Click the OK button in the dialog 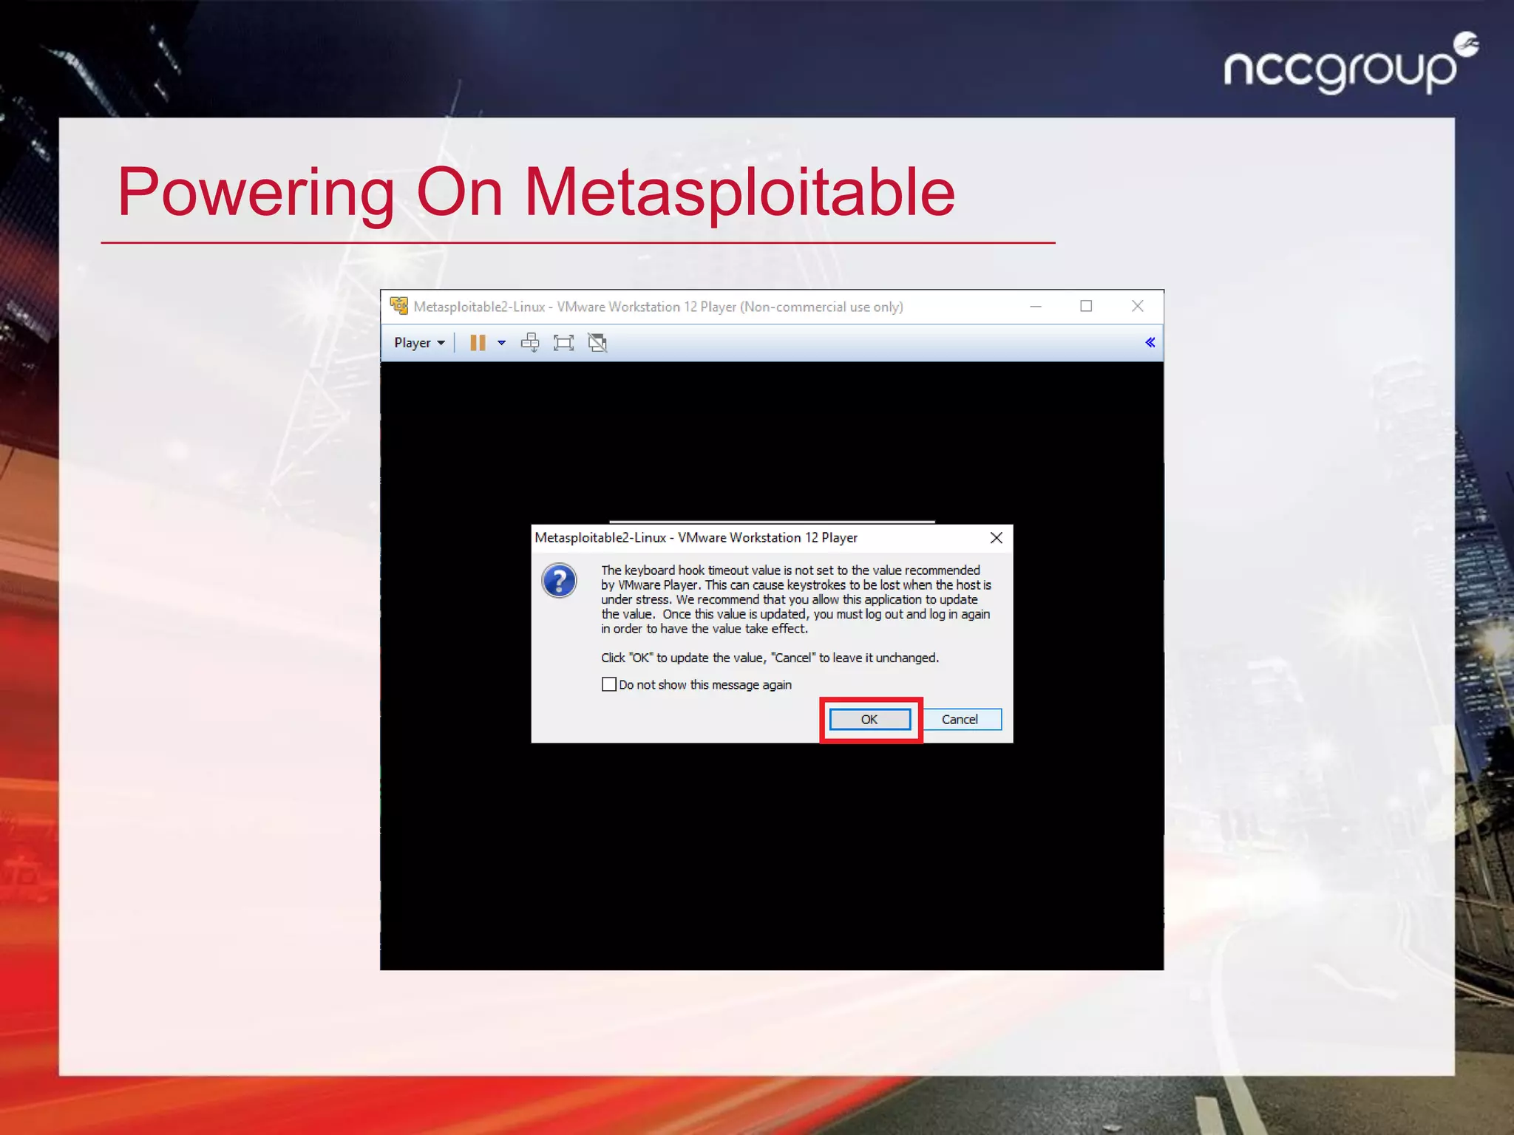coord(869,719)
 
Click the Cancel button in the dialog coord(960,719)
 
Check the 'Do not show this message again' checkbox coord(608,684)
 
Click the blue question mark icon coord(560,581)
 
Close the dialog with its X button coord(996,538)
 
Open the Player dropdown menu coord(418,343)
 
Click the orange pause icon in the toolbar coord(478,343)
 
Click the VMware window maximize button coord(1085,306)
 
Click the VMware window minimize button coord(1036,306)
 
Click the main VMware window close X coord(1137,306)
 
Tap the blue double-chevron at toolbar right coord(1150,342)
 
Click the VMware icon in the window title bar coord(399,306)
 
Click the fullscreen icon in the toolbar coord(563,343)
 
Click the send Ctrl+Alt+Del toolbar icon coord(530,343)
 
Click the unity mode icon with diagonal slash coord(597,343)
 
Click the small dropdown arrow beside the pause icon coord(502,343)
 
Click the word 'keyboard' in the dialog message coord(650,570)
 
